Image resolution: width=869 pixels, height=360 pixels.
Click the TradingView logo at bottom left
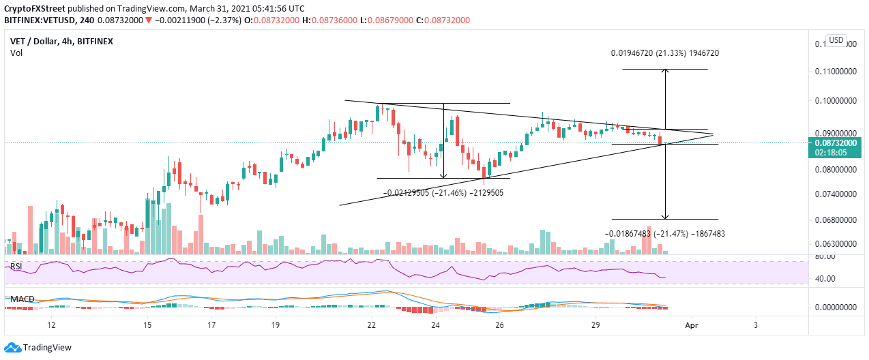tap(38, 347)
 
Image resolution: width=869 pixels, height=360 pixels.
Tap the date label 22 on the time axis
tap(372, 325)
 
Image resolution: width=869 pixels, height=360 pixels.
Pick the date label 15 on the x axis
tap(147, 325)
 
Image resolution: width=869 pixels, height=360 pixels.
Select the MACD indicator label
tap(23, 299)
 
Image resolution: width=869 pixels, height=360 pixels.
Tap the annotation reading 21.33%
tap(665, 53)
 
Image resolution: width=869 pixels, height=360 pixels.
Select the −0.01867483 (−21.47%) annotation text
tap(664, 233)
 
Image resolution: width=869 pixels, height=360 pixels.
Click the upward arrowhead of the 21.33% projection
tap(665, 72)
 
